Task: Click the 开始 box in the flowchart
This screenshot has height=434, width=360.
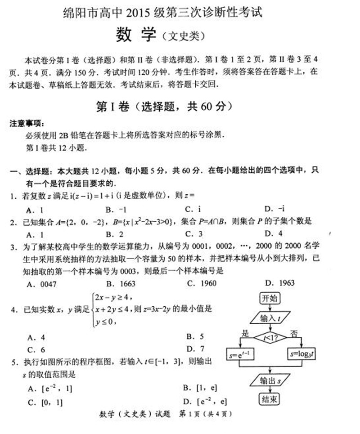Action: (270, 298)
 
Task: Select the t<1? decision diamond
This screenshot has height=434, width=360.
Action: (270, 337)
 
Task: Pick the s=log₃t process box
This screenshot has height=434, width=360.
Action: (301, 354)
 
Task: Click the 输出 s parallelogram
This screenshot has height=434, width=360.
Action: (270, 380)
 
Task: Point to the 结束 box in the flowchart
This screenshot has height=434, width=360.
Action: (270, 399)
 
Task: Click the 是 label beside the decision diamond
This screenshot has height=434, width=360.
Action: (245, 333)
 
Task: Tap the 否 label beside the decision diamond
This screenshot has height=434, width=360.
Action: (293, 333)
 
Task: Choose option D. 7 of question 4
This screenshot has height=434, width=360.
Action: (195, 349)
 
